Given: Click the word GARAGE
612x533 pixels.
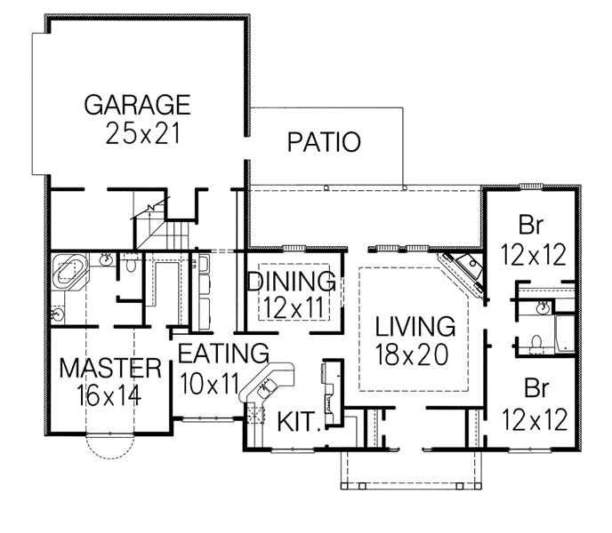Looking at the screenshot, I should pos(137,104).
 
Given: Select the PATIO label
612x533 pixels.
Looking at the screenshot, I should pos(324,142).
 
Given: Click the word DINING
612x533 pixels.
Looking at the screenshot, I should pos(291,282).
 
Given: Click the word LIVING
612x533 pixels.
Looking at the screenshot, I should pos(415,326).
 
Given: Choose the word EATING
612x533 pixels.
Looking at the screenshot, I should pos(223,353).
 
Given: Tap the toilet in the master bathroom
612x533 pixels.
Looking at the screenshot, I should pos(130,265).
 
